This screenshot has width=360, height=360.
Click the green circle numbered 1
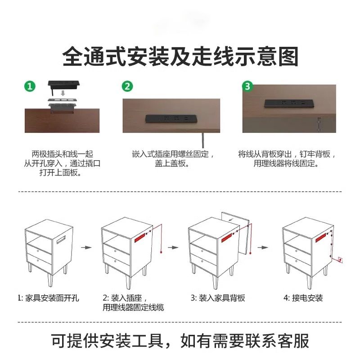(x=30, y=86)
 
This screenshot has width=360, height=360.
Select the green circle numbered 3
(x=248, y=85)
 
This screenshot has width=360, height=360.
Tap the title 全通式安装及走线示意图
(x=180, y=57)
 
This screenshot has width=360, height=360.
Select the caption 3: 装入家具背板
(x=218, y=298)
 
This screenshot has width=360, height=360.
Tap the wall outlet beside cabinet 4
(x=339, y=259)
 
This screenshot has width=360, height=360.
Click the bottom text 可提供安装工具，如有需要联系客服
(x=180, y=341)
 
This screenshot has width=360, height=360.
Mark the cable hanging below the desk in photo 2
(x=203, y=140)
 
